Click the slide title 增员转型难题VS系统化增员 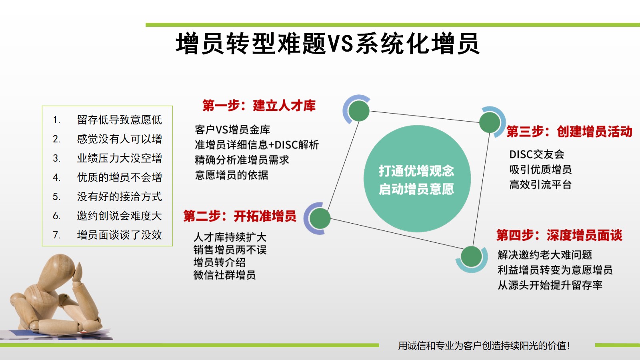point(328,44)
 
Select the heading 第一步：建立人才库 point(259,106)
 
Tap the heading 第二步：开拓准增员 point(240,216)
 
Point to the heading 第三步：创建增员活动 point(569,132)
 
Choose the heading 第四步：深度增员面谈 point(559,235)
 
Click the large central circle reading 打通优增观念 point(417,178)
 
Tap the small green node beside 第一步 point(359,111)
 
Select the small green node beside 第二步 point(320,218)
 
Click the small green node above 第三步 point(490,122)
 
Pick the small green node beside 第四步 point(472,256)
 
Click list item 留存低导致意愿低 point(120,120)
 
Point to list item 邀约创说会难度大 point(120,216)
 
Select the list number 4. point(56,178)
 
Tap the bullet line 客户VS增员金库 point(232,130)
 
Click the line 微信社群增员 point(224,275)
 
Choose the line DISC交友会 point(536,154)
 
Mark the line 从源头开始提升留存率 point(550,285)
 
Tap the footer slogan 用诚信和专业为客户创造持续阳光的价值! point(484,346)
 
